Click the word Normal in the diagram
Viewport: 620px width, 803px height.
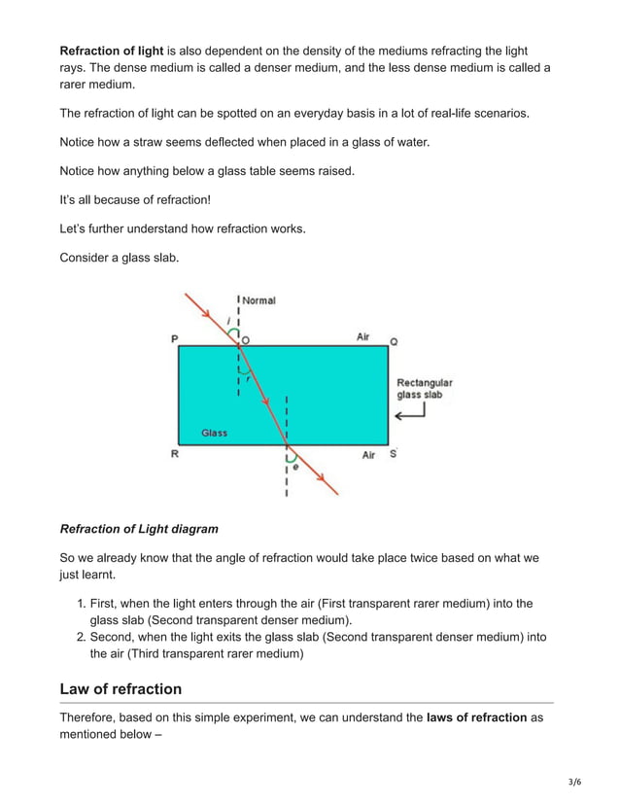[x=258, y=300]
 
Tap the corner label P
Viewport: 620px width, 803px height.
[x=174, y=339]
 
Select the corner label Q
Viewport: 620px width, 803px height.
[x=394, y=342]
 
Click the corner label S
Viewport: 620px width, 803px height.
[x=393, y=454]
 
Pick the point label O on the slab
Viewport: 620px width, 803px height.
[x=245, y=339]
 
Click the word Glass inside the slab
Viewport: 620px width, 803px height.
[x=214, y=433]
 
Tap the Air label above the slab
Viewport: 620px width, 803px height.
[x=362, y=336]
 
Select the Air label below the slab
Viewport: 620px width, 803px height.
[x=368, y=455]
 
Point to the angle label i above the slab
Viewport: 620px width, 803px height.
[x=227, y=320]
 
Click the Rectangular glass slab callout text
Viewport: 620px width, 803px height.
[x=424, y=389]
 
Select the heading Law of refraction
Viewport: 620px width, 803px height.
[x=121, y=689]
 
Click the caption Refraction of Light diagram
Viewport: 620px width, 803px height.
[x=139, y=529]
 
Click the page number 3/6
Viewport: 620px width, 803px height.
[x=575, y=782]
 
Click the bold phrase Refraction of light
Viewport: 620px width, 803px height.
[x=111, y=50]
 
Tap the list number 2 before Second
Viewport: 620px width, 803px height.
[x=82, y=637]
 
